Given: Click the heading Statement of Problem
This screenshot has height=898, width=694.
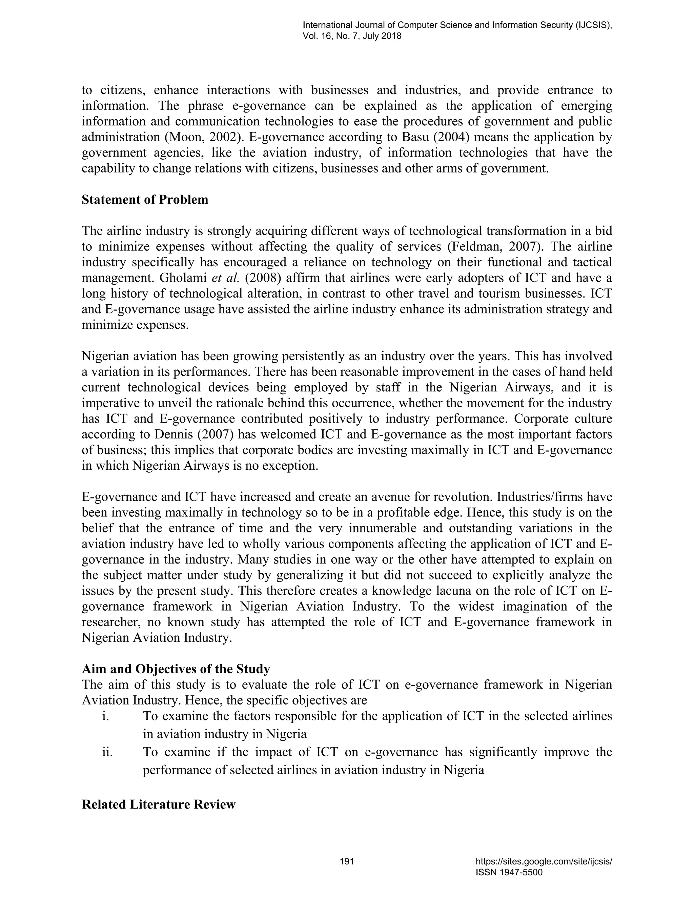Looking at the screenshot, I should click(145, 200).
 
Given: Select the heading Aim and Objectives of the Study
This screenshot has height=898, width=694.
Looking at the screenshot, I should click(176, 669).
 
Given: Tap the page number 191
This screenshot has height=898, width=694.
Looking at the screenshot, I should click(347, 861).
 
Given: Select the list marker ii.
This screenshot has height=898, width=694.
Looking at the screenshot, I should click(107, 752).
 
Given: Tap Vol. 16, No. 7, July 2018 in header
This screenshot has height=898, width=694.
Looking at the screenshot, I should click(352, 36).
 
